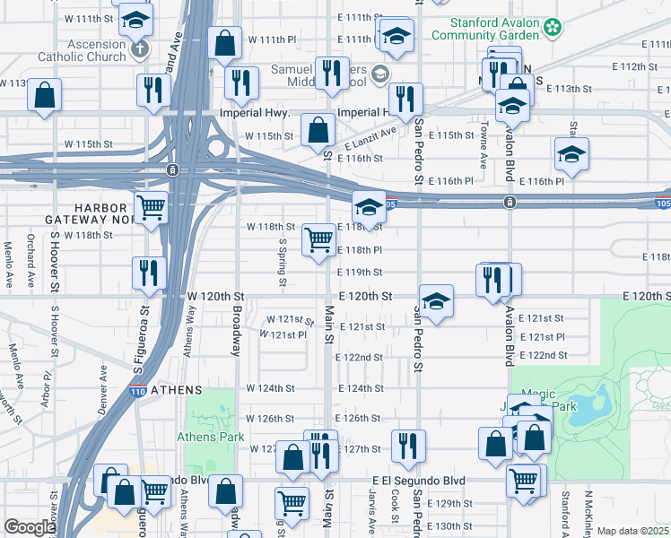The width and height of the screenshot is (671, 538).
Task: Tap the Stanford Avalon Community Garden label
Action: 485,29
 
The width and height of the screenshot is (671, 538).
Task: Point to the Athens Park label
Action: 211,437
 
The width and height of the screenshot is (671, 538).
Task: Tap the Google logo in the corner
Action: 30,527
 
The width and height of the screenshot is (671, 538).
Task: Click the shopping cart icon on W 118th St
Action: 319,240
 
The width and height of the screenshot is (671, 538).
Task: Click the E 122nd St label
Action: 361,357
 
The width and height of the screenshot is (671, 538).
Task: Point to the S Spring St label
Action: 283,262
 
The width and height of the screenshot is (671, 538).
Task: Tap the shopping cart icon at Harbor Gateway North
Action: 152,208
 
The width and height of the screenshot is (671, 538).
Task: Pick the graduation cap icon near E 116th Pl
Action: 571,155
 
